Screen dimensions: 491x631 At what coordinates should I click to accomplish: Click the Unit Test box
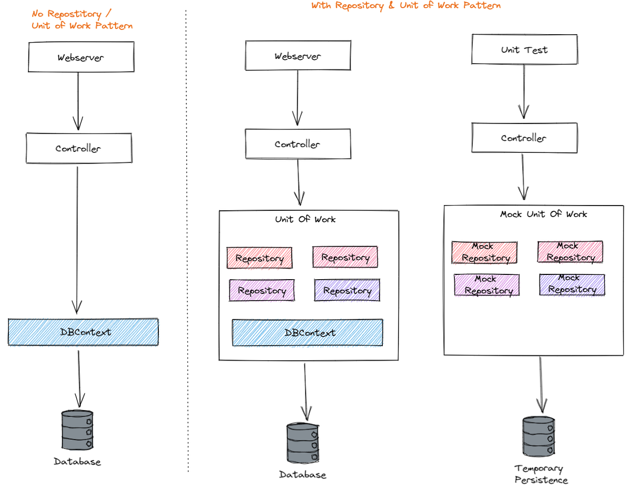point(524,49)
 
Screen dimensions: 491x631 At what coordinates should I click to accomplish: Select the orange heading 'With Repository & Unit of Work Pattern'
point(405,6)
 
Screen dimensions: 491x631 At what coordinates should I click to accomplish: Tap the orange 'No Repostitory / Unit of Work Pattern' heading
point(82,19)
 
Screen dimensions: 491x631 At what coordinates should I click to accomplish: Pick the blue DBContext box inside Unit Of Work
point(308,333)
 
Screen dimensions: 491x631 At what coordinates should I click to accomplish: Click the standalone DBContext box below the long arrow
point(83,332)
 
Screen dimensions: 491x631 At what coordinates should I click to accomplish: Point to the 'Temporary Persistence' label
point(541,474)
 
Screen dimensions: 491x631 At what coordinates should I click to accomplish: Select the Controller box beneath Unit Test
point(524,138)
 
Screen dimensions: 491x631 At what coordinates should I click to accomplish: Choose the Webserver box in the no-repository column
point(80,57)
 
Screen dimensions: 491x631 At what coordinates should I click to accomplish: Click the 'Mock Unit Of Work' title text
point(543,214)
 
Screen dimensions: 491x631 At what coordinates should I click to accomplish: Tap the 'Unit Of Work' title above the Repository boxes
point(305,219)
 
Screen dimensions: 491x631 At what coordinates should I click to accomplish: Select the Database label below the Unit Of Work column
point(302,475)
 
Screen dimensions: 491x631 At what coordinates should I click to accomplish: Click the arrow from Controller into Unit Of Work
point(299,181)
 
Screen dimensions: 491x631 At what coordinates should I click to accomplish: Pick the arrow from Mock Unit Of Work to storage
point(541,384)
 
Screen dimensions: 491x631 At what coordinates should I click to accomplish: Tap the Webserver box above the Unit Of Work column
point(298,56)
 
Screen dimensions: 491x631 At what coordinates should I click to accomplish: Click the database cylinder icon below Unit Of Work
point(303,443)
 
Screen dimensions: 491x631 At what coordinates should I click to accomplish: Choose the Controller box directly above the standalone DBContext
point(78,148)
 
